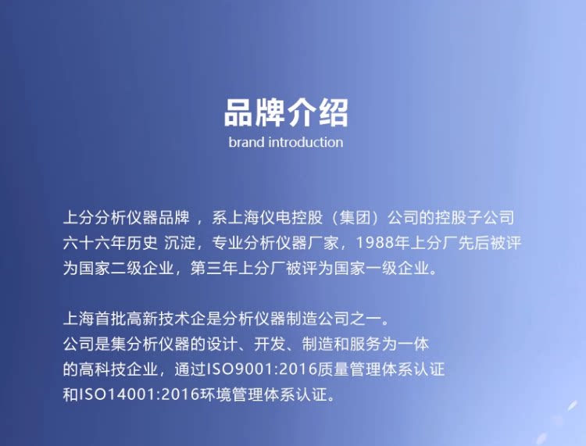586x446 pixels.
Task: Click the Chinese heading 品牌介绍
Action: pos(286,112)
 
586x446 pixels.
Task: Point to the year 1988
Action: pos(375,243)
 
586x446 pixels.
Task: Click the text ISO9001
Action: pos(241,369)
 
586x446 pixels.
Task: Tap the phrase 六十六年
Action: pos(95,243)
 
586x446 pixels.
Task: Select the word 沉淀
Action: pos(180,243)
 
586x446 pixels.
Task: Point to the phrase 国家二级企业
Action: pos(127,268)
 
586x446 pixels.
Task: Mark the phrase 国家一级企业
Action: pos(381,268)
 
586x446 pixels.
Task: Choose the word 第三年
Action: pos(214,268)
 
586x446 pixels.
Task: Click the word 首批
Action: pos(111,319)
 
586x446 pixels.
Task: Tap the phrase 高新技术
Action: pos(159,319)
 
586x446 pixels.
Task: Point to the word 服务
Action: pos(366,344)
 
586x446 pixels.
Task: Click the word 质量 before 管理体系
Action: pos(334,369)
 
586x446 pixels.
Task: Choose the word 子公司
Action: pos(491,217)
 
